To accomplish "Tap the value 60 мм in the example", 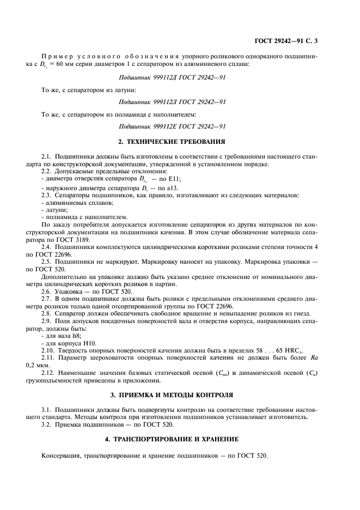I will (66, 64).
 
